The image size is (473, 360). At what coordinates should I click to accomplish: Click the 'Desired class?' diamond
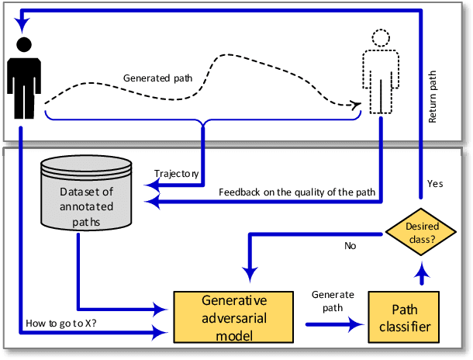(x=420, y=232)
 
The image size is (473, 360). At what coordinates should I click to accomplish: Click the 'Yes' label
(x=435, y=183)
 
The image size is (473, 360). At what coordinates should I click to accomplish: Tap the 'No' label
(x=350, y=247)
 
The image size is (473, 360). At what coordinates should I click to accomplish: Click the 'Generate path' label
(x=333, y=301)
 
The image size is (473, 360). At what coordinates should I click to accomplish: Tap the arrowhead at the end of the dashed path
(x=356, y=105)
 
